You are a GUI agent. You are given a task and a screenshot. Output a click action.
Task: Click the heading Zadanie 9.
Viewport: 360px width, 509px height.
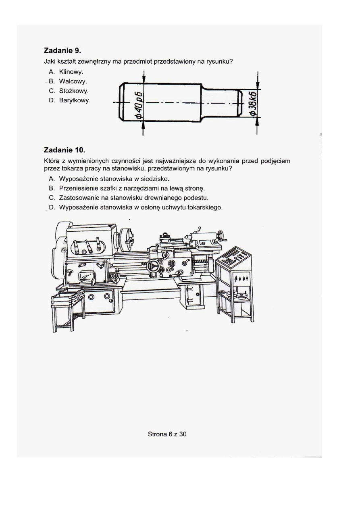tap(62, 50)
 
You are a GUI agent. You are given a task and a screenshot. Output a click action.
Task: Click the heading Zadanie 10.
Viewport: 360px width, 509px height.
tap(65, 150)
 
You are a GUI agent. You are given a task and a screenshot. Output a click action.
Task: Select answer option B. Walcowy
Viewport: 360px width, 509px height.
tap(68, 81)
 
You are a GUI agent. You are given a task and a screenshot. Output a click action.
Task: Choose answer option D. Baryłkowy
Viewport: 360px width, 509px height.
tap(70, 100)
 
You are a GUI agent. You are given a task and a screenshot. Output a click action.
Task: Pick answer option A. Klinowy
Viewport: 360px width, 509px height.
tap(66, 72)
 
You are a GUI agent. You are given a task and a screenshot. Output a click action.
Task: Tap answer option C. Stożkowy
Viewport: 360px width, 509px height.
tap(69, 91)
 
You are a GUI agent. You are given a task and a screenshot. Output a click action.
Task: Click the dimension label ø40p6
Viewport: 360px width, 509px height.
tap(139, 105)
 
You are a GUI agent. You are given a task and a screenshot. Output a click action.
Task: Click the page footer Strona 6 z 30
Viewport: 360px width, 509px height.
tap(167, 434)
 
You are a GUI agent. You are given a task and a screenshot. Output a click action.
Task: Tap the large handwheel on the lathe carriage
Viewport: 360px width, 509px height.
tap(153, 266)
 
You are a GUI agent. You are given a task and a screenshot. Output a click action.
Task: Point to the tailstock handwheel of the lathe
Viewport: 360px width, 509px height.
tap(221, 236)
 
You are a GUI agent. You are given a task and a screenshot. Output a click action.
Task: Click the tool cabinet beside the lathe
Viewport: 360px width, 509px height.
tap(234, 284)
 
